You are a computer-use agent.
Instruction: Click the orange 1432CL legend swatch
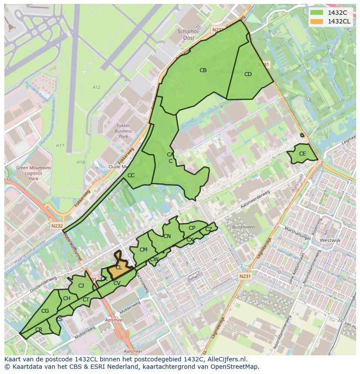point(317,21)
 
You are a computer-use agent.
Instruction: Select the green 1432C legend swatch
point(317,13)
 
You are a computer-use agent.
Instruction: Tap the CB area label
point(203,70)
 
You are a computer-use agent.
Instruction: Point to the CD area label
point(248,74)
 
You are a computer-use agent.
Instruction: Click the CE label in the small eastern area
point(302,154)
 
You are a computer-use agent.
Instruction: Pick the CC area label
point(131,175)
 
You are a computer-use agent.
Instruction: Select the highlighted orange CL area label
point(119,268)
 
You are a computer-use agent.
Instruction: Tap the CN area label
point(167,236)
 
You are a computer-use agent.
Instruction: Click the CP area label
point(192,228)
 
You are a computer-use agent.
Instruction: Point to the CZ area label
point(209,229)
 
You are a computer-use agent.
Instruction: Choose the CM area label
point(143,249)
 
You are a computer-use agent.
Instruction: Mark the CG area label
point(45,311)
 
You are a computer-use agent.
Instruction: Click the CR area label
point(39,330)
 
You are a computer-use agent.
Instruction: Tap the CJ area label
point(81,285)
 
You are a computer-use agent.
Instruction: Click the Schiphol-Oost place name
point(188,34)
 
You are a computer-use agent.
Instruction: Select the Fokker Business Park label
point(123,131)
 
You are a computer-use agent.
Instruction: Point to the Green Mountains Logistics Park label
point(33,173)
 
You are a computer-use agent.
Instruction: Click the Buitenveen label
point(243,227)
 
